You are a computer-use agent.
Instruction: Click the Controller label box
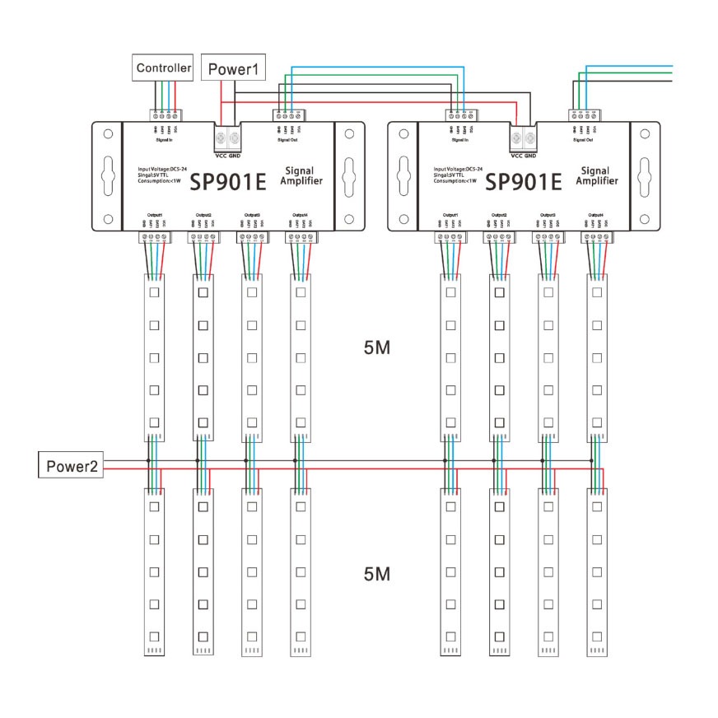point(163,68)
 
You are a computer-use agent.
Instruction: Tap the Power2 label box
point(72,467)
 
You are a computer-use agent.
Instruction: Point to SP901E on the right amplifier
point(524,180)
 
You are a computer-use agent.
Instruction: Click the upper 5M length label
point(376,348)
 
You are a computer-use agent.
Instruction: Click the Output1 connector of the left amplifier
point(154,238)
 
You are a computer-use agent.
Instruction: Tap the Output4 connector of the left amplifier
point(300,238)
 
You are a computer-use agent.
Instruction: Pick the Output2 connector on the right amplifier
point(498,238)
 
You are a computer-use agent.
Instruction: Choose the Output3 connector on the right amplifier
point(548,238)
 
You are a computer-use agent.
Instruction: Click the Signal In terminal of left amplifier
point(165,115)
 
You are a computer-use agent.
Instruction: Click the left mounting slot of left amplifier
point(106,175)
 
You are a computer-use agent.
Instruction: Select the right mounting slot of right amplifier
point(645,175)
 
